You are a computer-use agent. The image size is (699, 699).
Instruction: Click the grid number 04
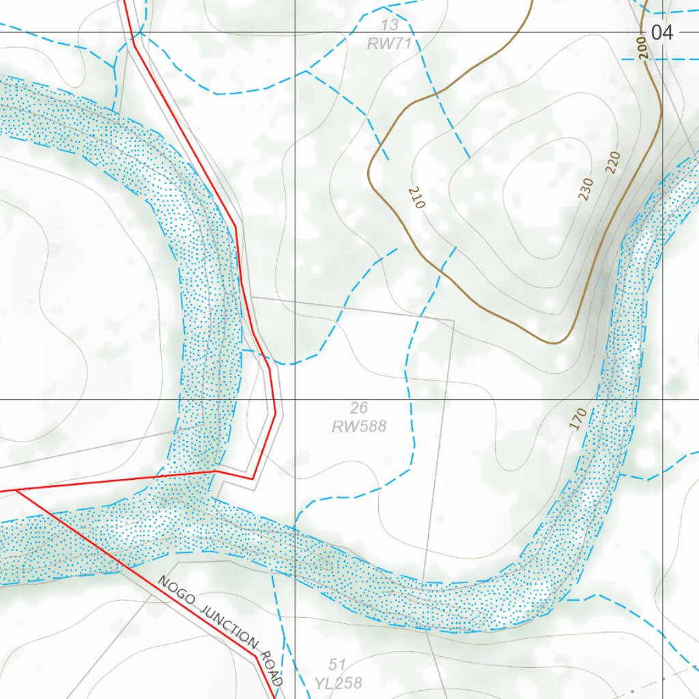pyautogui.click(x=661, y=32)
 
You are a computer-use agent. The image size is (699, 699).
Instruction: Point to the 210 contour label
pyautogui.click(x=416, y=197)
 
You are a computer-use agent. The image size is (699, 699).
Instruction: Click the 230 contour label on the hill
pyautogui.click(x=586, y=189)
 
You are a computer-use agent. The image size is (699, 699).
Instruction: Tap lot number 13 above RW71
pyautogui.click(x=390, y=26)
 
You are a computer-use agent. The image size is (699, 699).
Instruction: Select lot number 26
pyautogui.click(x=359, y=408)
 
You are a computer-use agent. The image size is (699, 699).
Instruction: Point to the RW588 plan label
pyautogui.click(x=359, y=427)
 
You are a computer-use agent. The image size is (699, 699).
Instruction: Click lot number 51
pyautogui.click(x=337, y=665)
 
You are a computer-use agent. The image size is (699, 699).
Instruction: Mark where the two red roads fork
pyautogui.click(x=15, y=490)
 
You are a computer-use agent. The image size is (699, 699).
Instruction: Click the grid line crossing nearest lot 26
pyautogui.click(x=295, y=399)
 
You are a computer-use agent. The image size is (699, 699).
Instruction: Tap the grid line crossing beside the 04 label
pyautogui.click(x=663, y=32)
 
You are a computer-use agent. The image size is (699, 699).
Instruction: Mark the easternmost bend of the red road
pyautogui.click(x=275, y=412)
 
